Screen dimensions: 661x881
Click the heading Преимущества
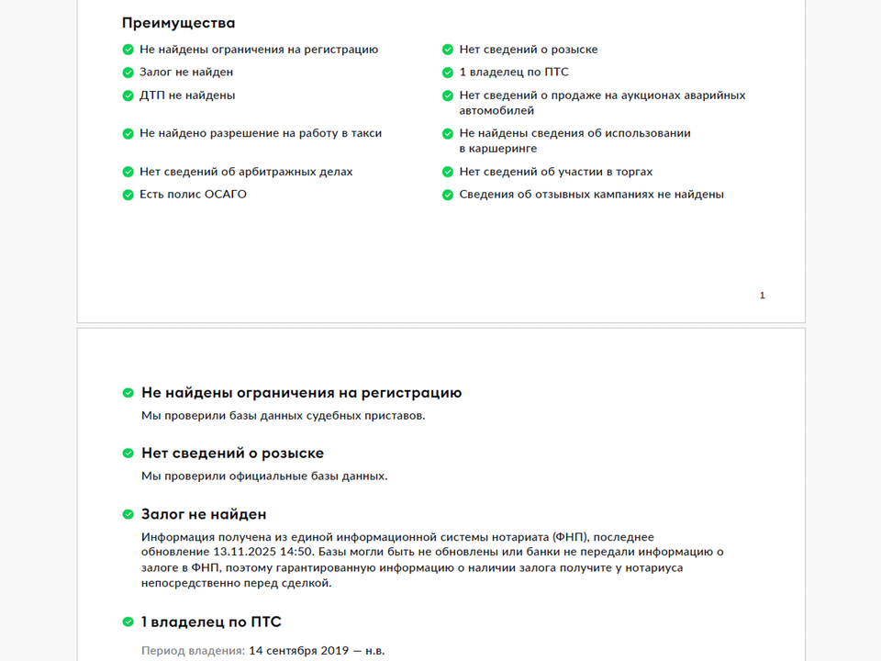pyautogui.click(x=178, y=23)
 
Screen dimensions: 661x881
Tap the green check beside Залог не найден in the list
pyautogui.click(x=128, y=72)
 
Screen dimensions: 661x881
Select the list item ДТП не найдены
pyautogui.click(x=187, y=95)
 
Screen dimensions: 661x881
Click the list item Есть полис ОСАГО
pyautogui.click(x=193, y=195)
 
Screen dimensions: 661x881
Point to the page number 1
pyautogui.click(x=762, y=296)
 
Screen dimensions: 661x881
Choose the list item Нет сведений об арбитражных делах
pyautogui.click(x=246, y=172)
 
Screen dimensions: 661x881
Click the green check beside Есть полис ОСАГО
pyautogui.click(x=128, y=195)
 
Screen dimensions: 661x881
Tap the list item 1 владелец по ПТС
pyautogui.click(x=514, y=72)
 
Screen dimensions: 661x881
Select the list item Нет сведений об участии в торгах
pyautogui.click(x=556, y=172)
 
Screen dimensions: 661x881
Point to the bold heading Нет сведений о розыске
pyautogui.click(x=232, y=454)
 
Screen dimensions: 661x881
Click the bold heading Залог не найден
pyautogui.click(x=204, y=515)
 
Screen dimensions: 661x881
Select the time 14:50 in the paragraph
pyautogui.click(x=297, y=552)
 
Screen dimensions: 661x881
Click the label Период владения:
pyautogui.click(x=193, y=651)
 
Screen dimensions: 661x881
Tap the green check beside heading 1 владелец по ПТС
pyautogui.click(x=128, y=622)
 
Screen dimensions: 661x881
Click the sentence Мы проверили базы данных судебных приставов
pyautogui.click(x=284, y=415)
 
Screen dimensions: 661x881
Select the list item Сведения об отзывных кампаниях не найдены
pyautogui.click(x=592, y=195)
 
